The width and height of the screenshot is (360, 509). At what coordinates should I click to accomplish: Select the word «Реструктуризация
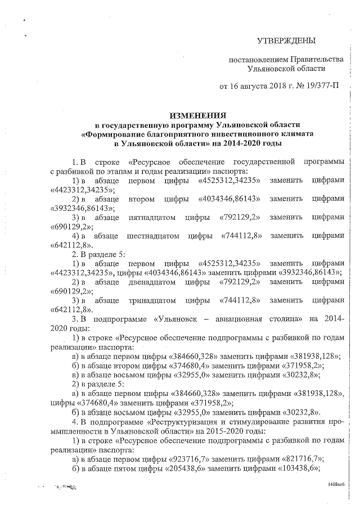pos(186,420)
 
